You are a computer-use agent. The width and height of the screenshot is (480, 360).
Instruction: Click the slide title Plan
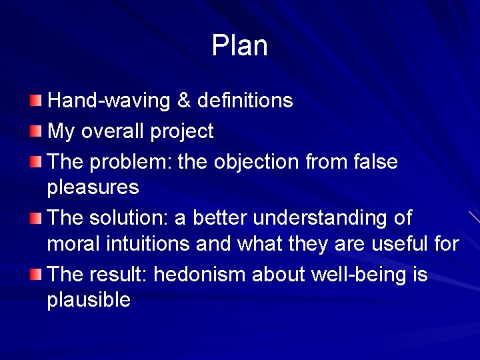239,46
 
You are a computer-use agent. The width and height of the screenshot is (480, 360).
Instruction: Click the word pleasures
93,188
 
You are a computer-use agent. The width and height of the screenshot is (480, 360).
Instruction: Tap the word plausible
89,301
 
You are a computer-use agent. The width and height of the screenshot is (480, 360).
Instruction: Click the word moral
73,244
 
